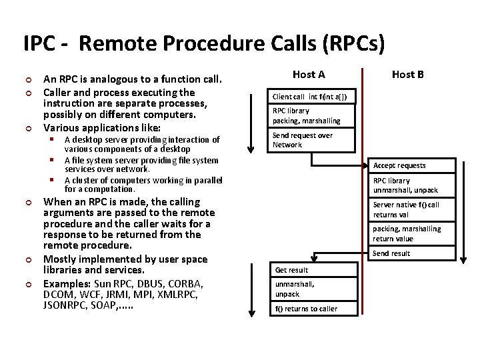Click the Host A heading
(309, 74)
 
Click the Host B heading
(407, 74)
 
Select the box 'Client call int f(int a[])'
(312, 97)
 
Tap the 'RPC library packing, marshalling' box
(312, 115)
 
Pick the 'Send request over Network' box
(312, 140)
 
